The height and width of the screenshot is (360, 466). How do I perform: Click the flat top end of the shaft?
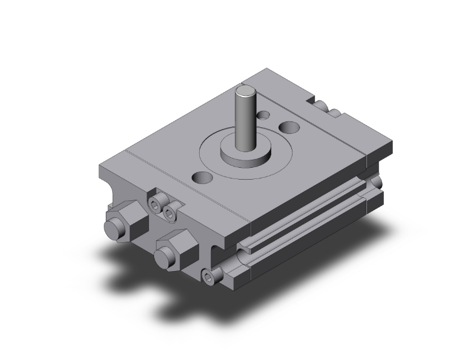click(245, 95)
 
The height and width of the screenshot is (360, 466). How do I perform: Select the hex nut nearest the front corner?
click(173, 246)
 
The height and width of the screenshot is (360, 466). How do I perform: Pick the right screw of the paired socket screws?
click(169, 214)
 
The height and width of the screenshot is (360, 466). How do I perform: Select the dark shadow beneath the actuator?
click(157, 294)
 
